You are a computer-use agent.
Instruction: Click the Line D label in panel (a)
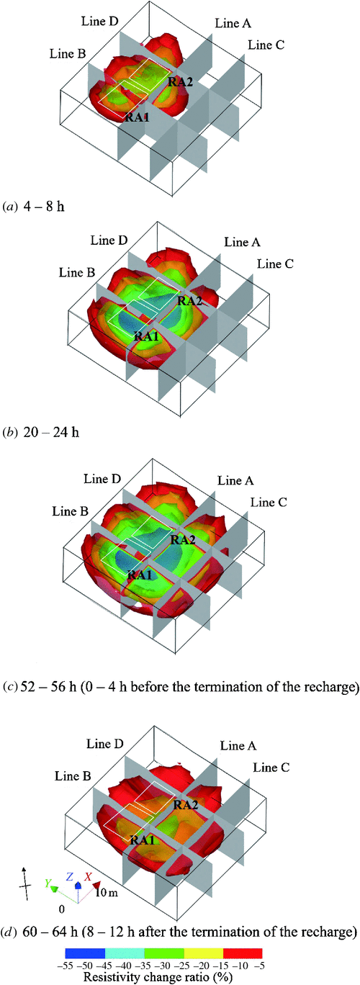[x=100, y=22]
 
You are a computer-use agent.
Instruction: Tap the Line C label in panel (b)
[x=275, y=264]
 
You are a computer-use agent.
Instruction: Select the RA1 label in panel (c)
[x=140, y=575]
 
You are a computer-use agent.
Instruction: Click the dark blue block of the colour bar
[x=85, y=950]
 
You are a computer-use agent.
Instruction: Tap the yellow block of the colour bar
[x=204, y=950]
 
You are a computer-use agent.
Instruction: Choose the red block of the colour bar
[x=243, y=950]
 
